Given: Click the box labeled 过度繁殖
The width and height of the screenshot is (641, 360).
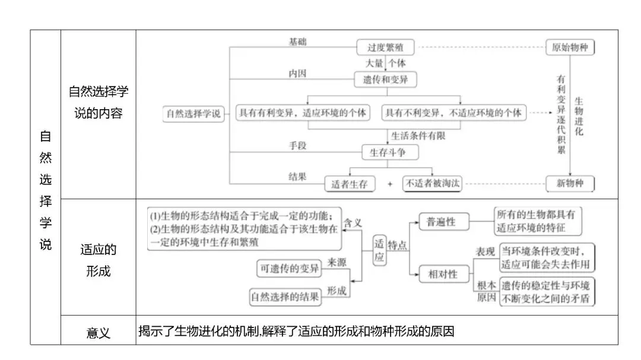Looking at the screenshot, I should point(385,47).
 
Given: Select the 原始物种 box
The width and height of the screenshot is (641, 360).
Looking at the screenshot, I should point(570,47).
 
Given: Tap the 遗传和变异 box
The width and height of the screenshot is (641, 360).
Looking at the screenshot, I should point(385,79).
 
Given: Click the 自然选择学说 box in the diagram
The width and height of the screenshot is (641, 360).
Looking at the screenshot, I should point(193,114).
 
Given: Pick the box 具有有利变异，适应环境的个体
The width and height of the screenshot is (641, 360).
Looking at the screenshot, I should point(302,112).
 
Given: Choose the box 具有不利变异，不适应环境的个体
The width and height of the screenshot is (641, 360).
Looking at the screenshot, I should point(453,112).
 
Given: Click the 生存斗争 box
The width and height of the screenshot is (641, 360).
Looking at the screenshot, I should point(390,152).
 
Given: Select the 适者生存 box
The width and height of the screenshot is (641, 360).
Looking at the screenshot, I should point(350,184).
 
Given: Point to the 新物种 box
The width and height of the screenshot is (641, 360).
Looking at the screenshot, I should point(570,183).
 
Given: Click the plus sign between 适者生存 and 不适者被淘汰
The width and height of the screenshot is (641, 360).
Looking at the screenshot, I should point(390,184).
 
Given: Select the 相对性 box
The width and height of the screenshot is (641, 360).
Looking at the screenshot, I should point(443,273).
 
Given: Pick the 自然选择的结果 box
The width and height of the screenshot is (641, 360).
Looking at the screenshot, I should point(285,296).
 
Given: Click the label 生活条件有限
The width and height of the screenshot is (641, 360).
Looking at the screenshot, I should point(418,135).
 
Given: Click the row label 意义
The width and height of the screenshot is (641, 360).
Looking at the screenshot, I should point(98,332).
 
